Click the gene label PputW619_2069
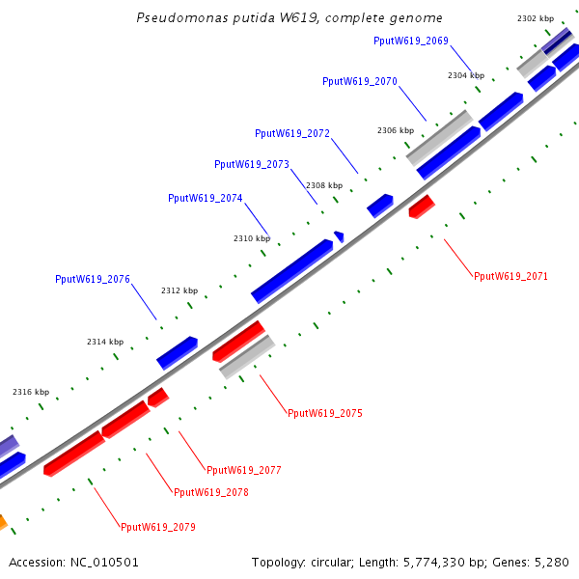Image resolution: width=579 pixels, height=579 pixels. tap(410, 41)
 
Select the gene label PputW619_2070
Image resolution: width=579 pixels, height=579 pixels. tap(360, 82)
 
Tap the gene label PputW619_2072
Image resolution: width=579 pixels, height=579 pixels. tap(292, 133)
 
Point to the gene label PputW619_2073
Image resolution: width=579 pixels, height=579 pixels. tap(252, 165)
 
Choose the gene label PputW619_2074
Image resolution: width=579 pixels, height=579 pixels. tap(206, 198)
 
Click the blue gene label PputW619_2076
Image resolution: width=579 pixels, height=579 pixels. tap(93, 280)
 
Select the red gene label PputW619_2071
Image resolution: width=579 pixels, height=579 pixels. tap(510, 276)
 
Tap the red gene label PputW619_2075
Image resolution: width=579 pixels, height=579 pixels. tap(325, 413)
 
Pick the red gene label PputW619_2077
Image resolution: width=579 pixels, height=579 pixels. tap(244, 470)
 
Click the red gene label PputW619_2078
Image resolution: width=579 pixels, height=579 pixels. tap(211, 492)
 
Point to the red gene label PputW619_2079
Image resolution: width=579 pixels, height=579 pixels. tap(158, 527)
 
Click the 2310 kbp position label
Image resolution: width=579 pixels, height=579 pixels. tap(252, 238)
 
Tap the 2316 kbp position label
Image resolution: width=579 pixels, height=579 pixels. tap(31, 392)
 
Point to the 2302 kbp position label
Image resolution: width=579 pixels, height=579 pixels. tap(536, 18)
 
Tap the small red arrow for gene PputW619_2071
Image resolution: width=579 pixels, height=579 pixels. tap(421, 206)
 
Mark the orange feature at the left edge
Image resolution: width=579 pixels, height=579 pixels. tap(3, 523)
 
